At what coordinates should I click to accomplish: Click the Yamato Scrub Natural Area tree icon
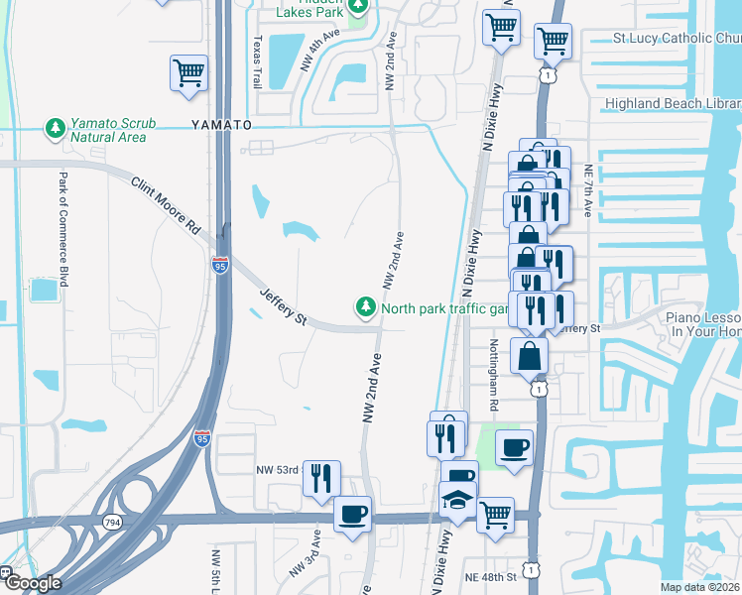[x=53, y=128]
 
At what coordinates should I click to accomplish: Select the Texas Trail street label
[x=257, y=61]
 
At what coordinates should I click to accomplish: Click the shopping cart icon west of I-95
[x=188, y=73]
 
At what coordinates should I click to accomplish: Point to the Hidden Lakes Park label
[x=309, y=10]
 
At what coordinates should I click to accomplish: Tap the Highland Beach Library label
[x=674, y=104]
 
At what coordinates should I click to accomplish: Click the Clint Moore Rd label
[x=165, y=207]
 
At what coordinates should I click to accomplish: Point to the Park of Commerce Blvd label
[x=62, y=227]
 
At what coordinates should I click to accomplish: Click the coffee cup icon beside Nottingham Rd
[x=514, y=448]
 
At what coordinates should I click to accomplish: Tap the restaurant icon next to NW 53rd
[x=321, y=479]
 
